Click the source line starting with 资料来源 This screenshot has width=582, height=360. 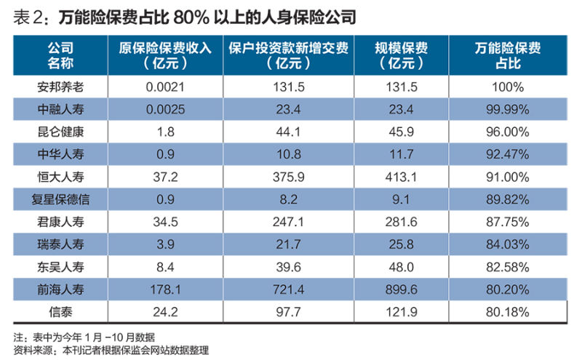pyautogui.click(x=111, y=351)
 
